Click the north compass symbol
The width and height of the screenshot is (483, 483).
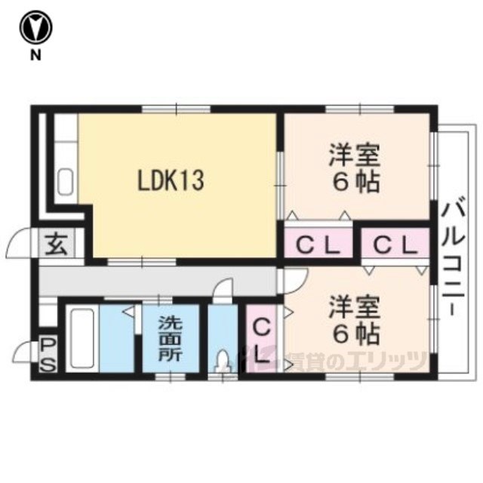tap(36, 28)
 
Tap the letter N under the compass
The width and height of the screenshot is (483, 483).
tap(35, 55)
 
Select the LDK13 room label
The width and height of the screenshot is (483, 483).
tap(171, 180)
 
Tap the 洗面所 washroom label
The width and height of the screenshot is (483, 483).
tap(171, 339)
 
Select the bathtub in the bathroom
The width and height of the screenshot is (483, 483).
tap(82, 338)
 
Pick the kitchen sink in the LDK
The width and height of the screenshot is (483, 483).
tap(66, 182)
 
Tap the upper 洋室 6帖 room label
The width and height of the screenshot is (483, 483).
tap(354, 168)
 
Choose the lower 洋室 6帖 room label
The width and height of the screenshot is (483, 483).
tap(354, 320)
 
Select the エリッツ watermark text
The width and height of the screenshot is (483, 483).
tap(386, 361)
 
